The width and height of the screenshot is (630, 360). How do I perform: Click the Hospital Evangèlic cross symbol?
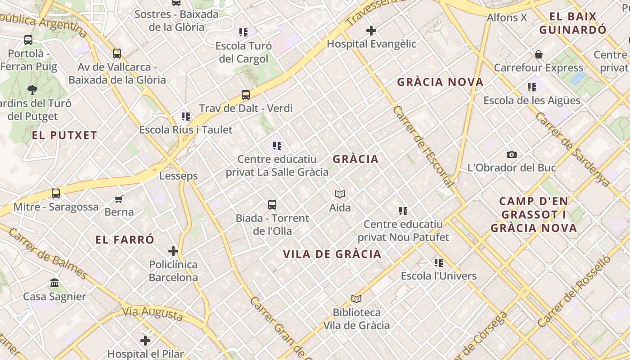[371, 31]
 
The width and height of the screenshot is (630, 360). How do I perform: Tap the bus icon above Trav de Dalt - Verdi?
[245, 95]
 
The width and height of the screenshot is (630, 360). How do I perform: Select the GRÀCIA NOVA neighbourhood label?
[440, 82]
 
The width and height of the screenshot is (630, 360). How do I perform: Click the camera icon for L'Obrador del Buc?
[512, 154]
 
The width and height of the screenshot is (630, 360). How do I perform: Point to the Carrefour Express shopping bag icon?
[539, 55]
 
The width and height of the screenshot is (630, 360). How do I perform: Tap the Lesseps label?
[178, 176]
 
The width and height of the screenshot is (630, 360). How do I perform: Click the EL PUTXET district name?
[64, 135]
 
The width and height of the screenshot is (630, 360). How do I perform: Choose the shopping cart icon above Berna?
[119, 199]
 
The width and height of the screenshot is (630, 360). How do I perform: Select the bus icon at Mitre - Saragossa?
[56, 193]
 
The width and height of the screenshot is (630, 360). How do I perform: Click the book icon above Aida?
[340, 194]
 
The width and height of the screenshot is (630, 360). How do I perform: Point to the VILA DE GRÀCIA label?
[332, 254]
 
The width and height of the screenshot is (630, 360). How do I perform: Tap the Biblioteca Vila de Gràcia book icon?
[356, 299]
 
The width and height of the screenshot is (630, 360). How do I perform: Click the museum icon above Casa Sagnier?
[54, 283]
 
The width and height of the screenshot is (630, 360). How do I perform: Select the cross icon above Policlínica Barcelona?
[173, 251]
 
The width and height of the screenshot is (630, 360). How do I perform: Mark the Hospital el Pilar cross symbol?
[145, 341]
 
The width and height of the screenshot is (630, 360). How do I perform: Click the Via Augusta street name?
[153, 314]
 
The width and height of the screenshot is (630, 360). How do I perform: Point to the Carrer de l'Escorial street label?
[423, 146]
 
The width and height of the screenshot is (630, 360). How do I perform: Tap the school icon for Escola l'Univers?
[439, 262]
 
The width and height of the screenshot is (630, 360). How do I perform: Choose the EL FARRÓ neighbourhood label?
[125, 240]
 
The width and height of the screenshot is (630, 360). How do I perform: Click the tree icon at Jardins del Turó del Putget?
[32, 90]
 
